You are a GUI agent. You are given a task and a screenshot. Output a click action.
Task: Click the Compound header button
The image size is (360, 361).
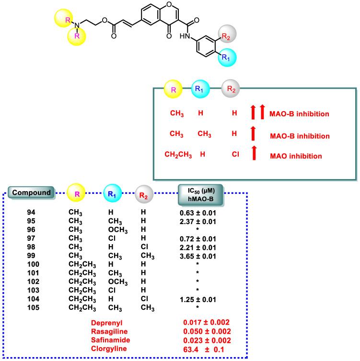[x=32, y=193]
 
